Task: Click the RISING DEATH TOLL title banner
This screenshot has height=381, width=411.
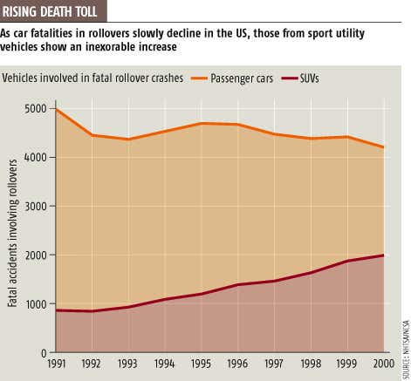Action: point(55,11)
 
